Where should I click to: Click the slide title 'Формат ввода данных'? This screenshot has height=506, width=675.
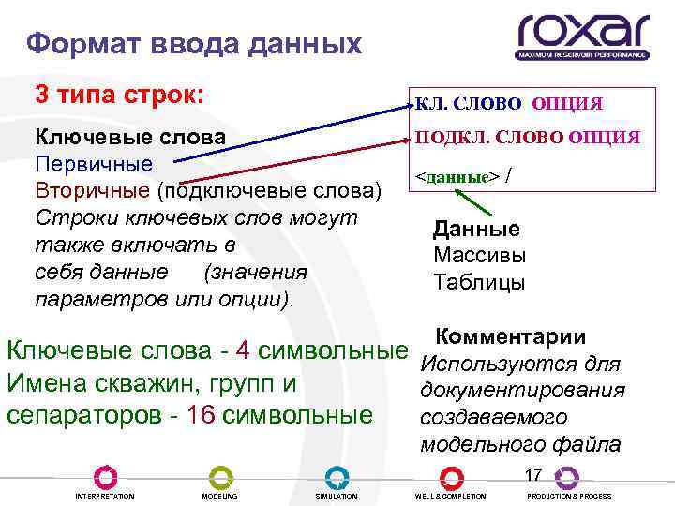(193, 43)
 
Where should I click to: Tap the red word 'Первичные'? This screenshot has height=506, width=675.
(93, 164)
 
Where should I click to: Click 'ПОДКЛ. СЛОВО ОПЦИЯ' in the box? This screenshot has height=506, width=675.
(529, 138)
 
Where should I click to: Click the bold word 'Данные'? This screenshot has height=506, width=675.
(476, 230)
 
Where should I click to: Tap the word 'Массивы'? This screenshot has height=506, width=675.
(479, 256)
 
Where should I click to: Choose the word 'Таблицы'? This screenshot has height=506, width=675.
(479, 282)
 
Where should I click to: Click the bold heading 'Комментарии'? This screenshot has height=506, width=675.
(511, 337)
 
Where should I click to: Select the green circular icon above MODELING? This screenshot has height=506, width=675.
(219, 476)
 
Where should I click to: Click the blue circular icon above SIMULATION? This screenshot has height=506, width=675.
(337, 476)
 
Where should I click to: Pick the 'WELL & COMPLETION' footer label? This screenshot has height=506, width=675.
(450, 496)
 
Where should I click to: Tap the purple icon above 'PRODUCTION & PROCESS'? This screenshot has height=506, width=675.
(566, 476)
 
